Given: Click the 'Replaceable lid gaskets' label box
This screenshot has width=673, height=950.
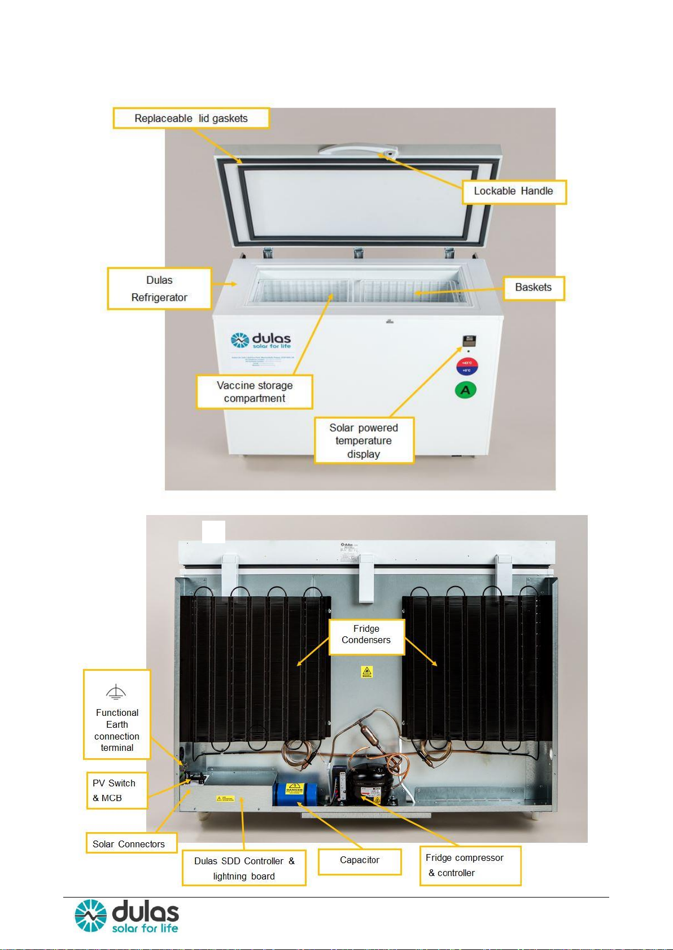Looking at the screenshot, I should point(191,118).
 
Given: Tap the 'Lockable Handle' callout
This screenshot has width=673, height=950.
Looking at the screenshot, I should point(513,191).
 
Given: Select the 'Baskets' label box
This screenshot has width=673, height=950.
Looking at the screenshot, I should point(533,288).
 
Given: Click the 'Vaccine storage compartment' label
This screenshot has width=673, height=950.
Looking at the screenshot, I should point(254,392).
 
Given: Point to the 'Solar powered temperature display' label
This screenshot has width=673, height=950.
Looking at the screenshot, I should point(364,441).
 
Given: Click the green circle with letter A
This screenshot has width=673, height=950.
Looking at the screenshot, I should point(466,390).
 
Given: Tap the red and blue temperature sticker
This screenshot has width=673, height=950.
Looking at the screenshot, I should point(467,367).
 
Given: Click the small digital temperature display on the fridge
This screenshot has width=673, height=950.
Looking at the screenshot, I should point(469,341).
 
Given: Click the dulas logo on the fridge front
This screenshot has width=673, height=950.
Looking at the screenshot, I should point(261,341).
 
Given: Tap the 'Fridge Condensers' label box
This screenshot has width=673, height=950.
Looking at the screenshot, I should point(366,635).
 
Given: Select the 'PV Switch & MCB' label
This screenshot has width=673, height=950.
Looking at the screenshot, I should point(116,790).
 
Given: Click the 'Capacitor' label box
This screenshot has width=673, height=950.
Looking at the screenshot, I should point(360,860).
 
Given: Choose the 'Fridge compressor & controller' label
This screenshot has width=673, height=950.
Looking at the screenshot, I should point(470,865).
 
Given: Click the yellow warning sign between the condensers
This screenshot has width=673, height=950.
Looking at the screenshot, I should point(367,671).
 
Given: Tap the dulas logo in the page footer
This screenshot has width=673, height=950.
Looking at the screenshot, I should point(128,917).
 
